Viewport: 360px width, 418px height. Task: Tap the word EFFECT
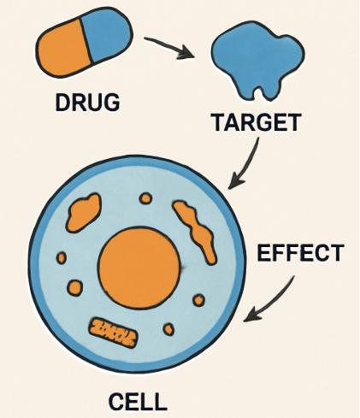300,253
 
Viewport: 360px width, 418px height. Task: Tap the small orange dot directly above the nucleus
145,198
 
